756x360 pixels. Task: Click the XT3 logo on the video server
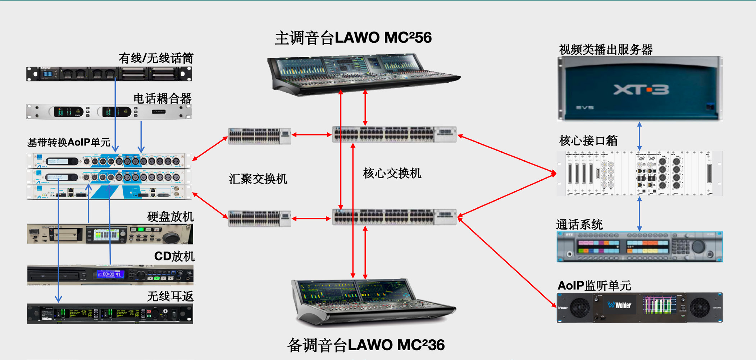click(x=641, y=90)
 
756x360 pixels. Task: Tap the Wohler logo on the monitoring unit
click(x=620, y=305)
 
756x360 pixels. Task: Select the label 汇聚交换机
click(x=258, y=179)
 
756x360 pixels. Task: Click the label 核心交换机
click(x=392, y=174)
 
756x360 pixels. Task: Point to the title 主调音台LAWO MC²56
click(x=353, y=38)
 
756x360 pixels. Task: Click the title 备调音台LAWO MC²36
click(x=366, y=345)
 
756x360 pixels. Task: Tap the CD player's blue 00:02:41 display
click(x=110, y=274)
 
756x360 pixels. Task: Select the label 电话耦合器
click(x=162, y=98)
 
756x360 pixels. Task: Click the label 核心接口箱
click(x=588, y=140)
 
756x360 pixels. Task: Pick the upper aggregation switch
click(x=259, y=135)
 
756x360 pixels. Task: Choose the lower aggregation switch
click(x=259, y=218)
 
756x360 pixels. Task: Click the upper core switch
click(x=394, y=135)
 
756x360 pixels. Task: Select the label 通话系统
click(x=579, y=225)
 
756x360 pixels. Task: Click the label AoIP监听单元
click(x=594, y=286)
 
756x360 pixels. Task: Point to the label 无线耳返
click(x=170, y=296)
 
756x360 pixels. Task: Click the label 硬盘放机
click(x=170, y=217)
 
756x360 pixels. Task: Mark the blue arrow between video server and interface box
click(x=639, y=136)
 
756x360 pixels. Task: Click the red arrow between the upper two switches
click(x=311, y=135)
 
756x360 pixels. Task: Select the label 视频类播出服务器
click(x=606, y=50)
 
